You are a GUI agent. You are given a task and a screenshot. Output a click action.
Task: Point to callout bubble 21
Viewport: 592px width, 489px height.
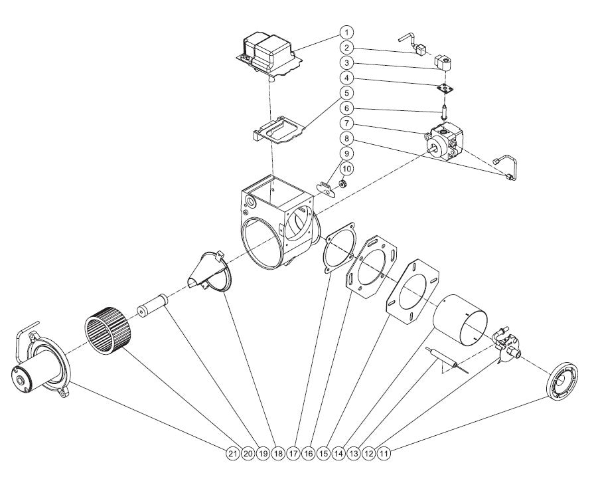[x=232, y=454]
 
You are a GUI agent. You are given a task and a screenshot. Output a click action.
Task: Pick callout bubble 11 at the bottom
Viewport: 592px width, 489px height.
[x=384, y=454]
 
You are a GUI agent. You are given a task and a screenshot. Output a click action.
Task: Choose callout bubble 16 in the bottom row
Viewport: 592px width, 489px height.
[x=308, y=454]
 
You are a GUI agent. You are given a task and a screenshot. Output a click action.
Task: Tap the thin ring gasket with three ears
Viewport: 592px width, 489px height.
[x=339, y=247]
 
